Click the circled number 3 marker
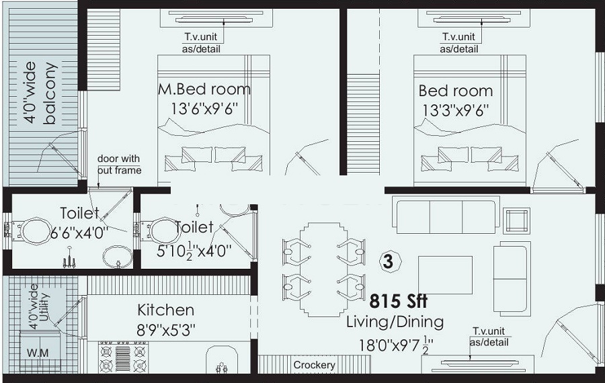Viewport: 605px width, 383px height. [387, 261]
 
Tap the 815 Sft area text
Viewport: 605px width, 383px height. [398, 300]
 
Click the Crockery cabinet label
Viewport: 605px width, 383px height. [314, 365]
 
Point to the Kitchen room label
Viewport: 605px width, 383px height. [165, 310]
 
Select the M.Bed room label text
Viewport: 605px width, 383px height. [204, 89]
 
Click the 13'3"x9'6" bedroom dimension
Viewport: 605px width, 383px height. [455, 109]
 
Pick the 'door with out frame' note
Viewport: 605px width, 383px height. [119, 165]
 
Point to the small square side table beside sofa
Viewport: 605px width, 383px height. [516, 220]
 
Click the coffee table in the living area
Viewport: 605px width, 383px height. [444, 275]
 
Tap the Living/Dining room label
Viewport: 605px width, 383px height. [395, 322]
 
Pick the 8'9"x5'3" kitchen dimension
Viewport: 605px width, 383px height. [165, 330]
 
